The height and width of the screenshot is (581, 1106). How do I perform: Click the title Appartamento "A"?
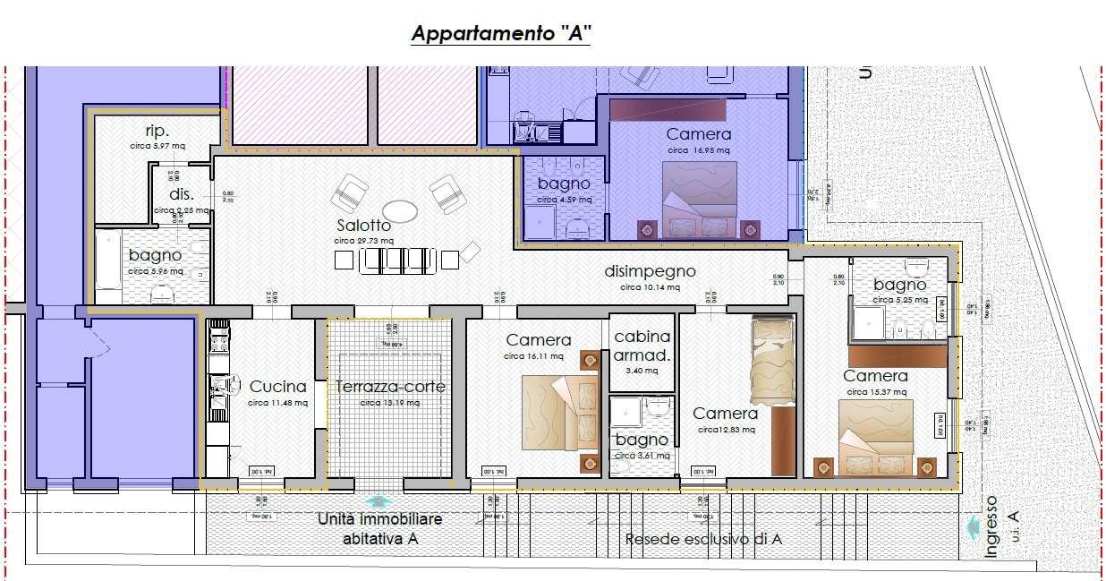pyautogui.click(x=501, y=34)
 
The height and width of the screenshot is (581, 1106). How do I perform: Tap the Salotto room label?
pyautogui.click(x=364, y=226)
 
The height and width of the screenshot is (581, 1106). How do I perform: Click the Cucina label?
pyautogui.click(x=277, y=387)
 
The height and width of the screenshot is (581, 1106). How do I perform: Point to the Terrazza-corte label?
pyautogui.click(x=390, y=387)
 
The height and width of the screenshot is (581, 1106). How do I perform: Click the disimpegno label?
pyautogui.click(x=650, y=271)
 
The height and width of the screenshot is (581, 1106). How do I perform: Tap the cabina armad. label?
pyautogui.click(x=642, y=346)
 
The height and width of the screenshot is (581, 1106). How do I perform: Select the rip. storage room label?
pyautogui.click(x=157, y=130)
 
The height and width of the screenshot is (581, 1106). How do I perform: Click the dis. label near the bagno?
pyautogui.click(x=181, y=194)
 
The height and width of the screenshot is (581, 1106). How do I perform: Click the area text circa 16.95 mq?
pyautogui.click(x=699, y=150)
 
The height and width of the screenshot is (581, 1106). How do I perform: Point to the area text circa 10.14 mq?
pyautogui.click(x=650, y=287)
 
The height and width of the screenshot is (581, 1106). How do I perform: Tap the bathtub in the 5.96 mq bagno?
pyautogui.click(x=108, y=266)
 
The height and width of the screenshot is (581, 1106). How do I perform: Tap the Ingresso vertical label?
pyautogui.click(x=991, y=528)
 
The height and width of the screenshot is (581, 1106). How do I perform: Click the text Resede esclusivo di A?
pyautogui.click(x=703, y=539)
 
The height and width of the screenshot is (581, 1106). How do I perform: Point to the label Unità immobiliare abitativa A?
pyautogui.click(x=380, y=529)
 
